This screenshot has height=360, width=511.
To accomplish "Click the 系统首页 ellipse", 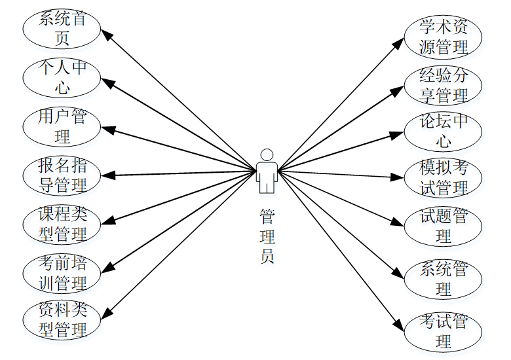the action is pyautogui.click(x=62, y=28).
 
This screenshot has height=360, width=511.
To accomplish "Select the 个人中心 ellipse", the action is pyautogui.click(x=62, y=77).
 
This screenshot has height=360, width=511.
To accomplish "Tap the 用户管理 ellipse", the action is pyautogui.click(x=62, y=126).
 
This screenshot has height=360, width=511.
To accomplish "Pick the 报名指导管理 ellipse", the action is pyautogui.click(x=62, y=175).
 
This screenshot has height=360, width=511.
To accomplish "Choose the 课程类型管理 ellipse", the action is pyautogui.click(x=62, y=224).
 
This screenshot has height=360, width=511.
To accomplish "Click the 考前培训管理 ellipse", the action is pyautogui.click(x=62, y=273).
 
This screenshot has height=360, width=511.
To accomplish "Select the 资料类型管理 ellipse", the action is pyautogui.click(x=62, y=320).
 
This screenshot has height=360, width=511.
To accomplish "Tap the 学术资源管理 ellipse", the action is pyautogui.click(x=444, y=37).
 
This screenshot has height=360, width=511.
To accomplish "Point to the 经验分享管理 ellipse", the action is pyautogui.click(x=444, y=85).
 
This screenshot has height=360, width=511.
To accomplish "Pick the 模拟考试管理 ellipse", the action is pyautogui.click(x=444, y=178).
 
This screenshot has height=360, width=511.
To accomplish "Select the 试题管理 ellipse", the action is pyautogui.click(x=444, y=225).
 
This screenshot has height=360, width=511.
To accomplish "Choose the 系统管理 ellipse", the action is pyautogui.click(x=444, y=278).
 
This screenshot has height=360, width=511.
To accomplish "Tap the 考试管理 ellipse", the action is pyautogui.click(x=444, y=331).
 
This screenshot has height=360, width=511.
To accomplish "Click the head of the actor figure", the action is pyautogui.click(x=267, y=154).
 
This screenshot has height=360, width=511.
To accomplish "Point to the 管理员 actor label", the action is pyautogui.click(x=267, y=236).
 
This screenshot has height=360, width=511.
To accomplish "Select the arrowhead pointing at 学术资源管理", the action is pyautogui.click(x=400, y=43).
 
